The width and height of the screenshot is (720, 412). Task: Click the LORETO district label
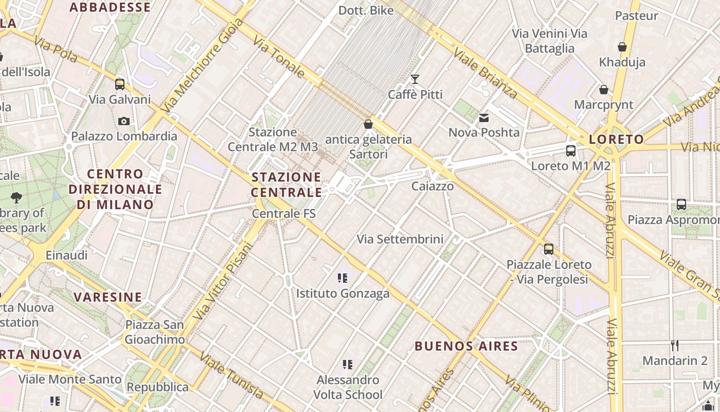pos(616,139)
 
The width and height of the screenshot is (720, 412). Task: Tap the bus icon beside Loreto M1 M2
pos(570,151)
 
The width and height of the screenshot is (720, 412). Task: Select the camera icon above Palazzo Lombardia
pos(123,122)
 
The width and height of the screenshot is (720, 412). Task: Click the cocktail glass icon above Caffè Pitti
pos(415,79)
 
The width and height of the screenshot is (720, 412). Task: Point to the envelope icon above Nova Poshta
pos(484,118)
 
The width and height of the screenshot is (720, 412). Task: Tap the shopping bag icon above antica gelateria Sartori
pos(368,124)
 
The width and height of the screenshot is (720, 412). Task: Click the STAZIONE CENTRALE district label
pos(286,185)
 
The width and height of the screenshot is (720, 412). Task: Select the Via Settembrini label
pos(400,239)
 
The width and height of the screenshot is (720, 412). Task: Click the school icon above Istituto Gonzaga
pos(343,279)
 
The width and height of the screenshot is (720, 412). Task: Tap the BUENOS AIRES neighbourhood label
pos(466,346)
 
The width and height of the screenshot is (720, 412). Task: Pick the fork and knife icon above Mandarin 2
pos(675,346)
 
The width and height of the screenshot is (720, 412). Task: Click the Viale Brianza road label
pos(485,73)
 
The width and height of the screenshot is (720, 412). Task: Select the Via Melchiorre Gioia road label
pos(202,66)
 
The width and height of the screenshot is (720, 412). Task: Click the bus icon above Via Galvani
pos(120,84)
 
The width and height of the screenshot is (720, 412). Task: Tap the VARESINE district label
pos(107,297)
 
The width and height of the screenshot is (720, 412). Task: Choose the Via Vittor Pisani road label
pos(222,281)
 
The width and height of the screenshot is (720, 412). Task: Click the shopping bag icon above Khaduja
pos(622,47)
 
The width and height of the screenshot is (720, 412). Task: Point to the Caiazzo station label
pos(433,186)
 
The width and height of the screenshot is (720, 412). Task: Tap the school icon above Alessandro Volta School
pos(348,365)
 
